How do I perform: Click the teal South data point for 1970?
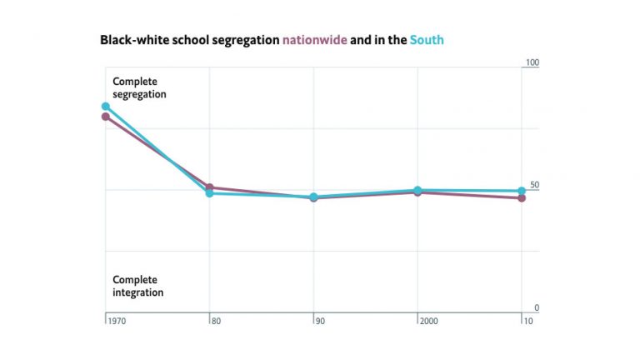[x=106, y=107]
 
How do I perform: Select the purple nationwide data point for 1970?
[x=106, y=117]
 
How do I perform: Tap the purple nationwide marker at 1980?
[x=210, y=187]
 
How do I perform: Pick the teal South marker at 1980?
[x=210, y=193]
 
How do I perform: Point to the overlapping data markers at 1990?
[x=313, y=197]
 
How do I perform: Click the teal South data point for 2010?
[x=522, y=191]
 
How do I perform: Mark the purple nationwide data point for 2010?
[x=522, y=198]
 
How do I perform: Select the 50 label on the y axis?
[x=534, y=185]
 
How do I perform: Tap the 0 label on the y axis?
[x=537, y=307]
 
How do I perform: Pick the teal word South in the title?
[x=427, y=39]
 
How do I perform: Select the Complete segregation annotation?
[x=139, y=87]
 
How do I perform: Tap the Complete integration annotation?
[x=138, y=286]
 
